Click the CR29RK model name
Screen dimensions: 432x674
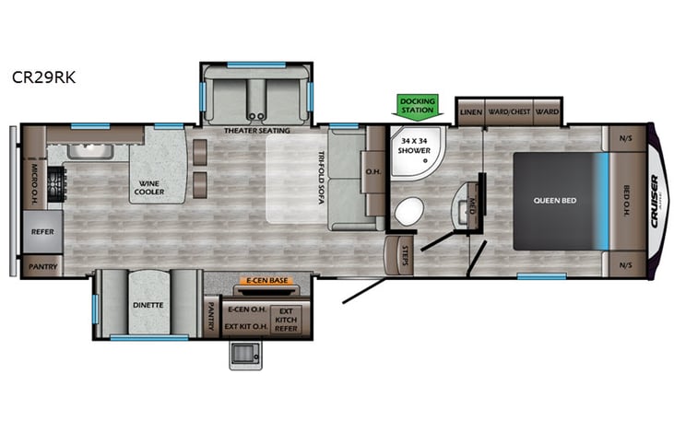43,78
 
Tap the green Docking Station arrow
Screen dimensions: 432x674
416,106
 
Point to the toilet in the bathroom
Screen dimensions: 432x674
407,212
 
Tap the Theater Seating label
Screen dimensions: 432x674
256,131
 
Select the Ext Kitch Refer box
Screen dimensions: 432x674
287,321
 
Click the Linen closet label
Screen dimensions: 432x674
471,111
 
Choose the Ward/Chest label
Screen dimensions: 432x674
508,111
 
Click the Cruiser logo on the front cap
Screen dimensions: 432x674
655,200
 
